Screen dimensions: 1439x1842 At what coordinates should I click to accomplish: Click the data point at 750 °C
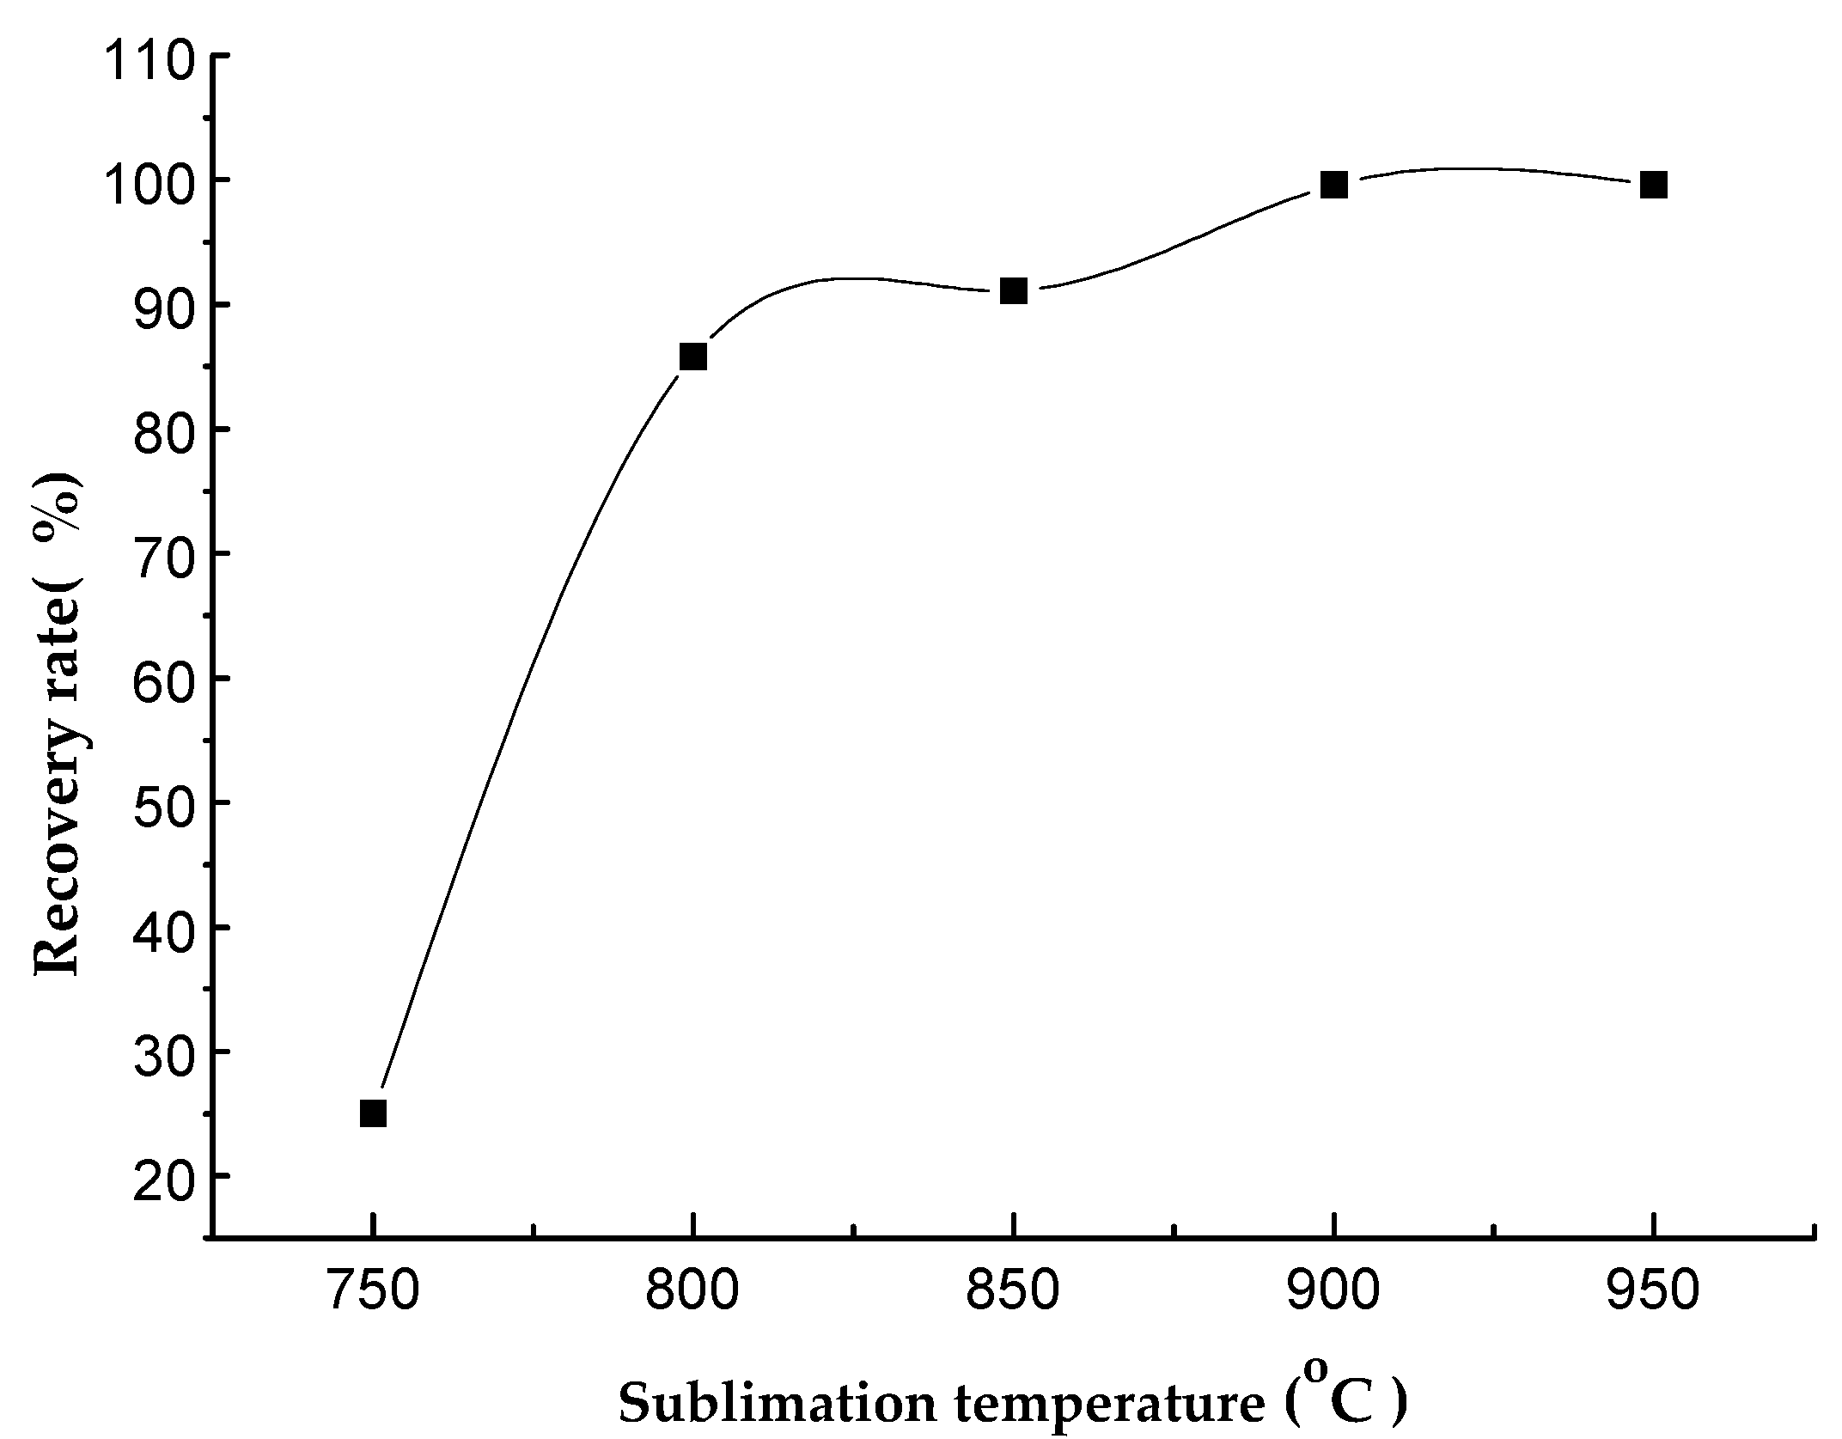(373, 1113)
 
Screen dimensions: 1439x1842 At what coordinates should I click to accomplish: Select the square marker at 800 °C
(692, 356)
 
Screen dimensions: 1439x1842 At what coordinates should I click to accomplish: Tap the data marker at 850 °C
(1014, 291)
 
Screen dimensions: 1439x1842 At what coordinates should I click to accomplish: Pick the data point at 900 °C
(1333, 185)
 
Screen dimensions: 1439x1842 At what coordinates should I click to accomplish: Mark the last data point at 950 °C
(1654, 185)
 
